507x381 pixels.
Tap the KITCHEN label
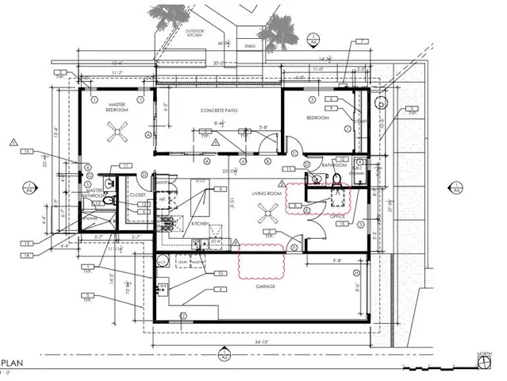(200, 224)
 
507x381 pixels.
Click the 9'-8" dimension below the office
(336, 259)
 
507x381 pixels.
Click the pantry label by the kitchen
(162, 183)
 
